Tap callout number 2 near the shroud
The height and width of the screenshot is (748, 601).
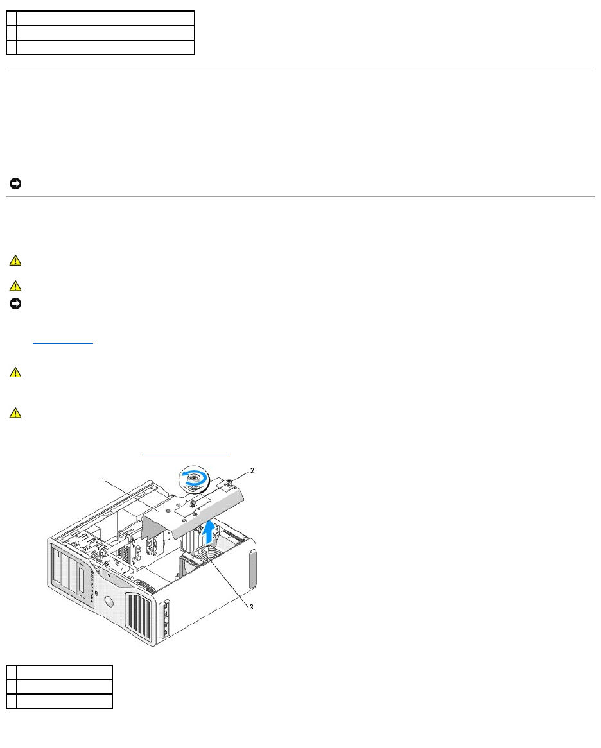[252, 470]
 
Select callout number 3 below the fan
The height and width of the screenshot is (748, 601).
[251, 607]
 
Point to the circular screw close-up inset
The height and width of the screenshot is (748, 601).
[193, 480]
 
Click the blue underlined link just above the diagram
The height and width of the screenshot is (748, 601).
[186, 454]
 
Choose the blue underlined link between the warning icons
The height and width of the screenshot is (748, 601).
[64, 343]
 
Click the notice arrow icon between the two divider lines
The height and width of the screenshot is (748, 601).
[15, 185]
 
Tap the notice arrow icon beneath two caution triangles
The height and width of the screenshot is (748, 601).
[15, 303]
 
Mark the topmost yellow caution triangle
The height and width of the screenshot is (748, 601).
[15, 261]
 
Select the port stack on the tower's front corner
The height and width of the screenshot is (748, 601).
[168, 620]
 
